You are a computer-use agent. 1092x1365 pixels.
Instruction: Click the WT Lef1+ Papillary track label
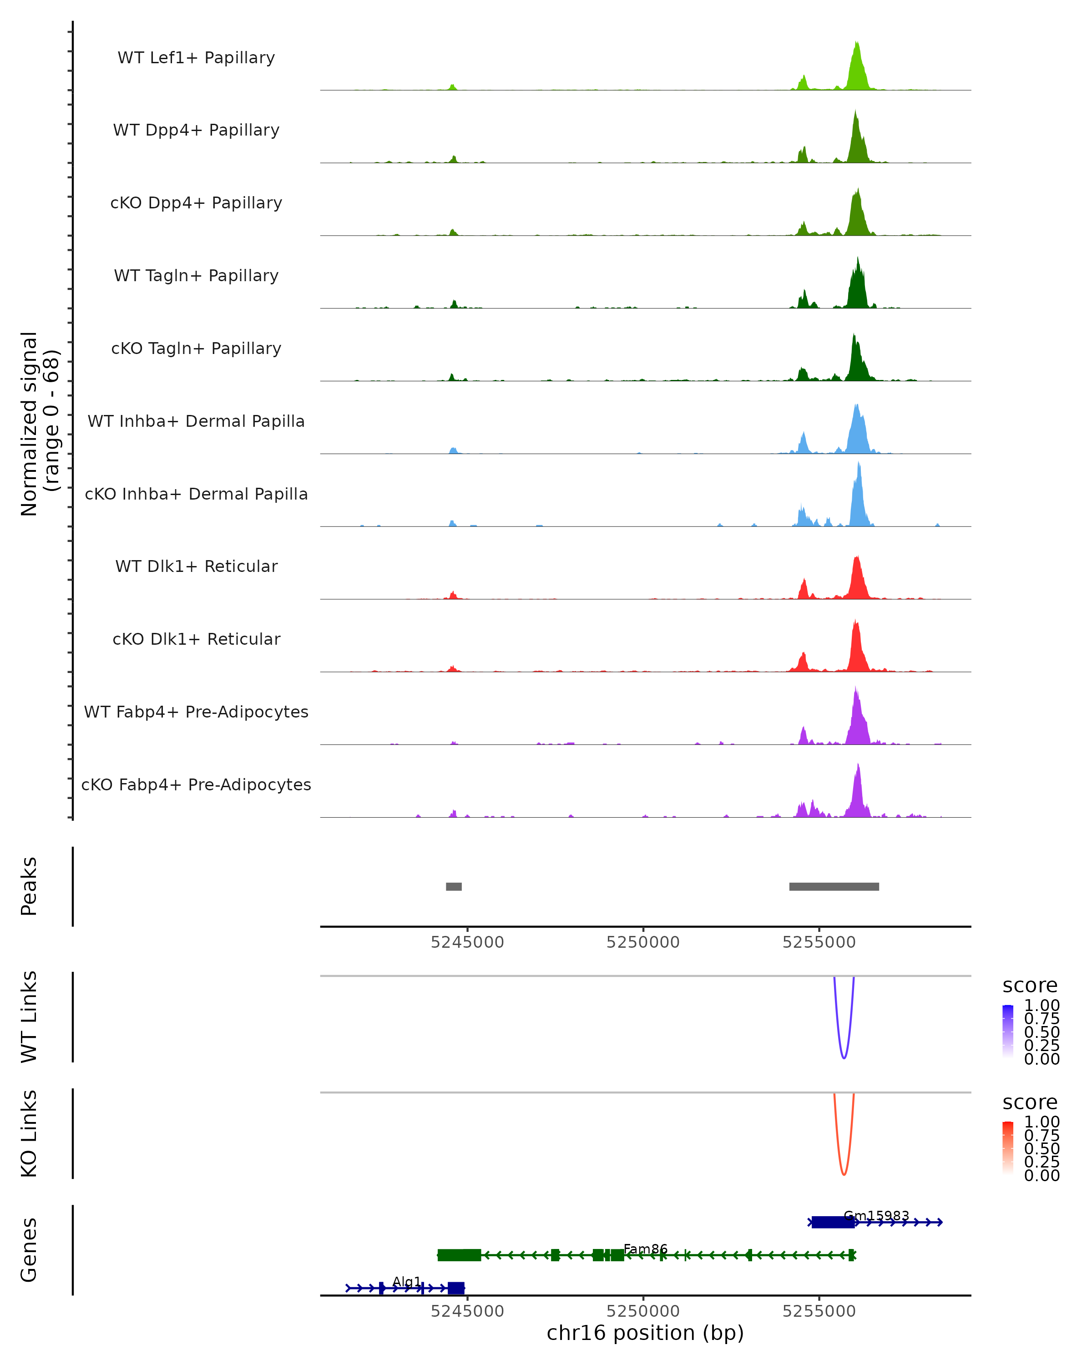point(196,58)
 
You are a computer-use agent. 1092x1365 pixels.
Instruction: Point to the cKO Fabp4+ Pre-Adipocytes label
point(196,784)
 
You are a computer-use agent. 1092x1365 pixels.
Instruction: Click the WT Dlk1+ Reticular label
point(196,566)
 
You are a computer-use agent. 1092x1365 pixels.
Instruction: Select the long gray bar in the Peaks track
point(834,886)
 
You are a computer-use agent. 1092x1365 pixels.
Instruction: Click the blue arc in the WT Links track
point(844,1057)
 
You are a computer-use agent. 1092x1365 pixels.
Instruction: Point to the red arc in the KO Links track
point(844,1174)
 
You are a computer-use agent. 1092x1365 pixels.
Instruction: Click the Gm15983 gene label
point(876,1216)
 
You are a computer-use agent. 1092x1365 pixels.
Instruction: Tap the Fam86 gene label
point(645,1249)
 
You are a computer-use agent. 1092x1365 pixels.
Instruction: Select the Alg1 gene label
point(406,1282)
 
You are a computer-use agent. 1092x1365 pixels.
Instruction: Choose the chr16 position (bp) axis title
point(645,1333)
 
